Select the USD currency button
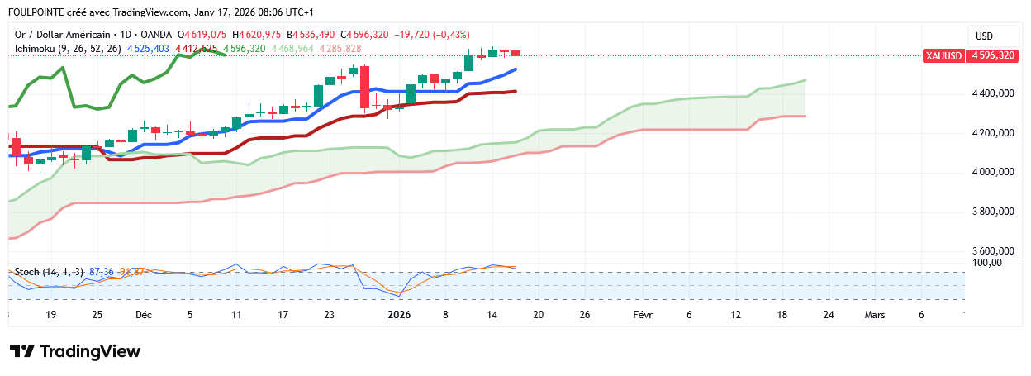(x=984, y=36)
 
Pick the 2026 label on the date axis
(x=399, y=315)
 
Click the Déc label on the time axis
(x=144, y=315)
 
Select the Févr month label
(x=643, y=315)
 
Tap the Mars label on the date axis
(x=875, y=315)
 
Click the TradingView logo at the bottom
(x=75, y=351)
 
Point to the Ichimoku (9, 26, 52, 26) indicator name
(x=69, y=49)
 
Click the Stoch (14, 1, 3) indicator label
(x=49, y=272)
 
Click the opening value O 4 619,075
(x=202, y=35)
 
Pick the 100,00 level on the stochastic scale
(x=988, y=263)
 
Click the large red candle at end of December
(x=364, y=88)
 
